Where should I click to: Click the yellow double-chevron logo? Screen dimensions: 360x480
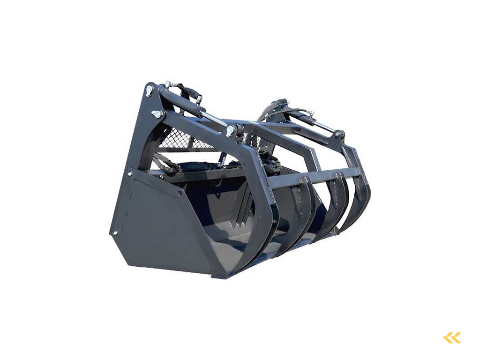point(452,337)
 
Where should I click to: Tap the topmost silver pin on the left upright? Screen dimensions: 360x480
point(149,90)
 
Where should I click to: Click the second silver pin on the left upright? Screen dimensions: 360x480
point(157,114)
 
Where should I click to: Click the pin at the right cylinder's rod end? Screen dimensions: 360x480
point(336,135)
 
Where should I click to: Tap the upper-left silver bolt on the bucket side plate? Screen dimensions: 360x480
point(130,174)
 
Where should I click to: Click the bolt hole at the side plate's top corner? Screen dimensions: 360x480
point(180,193)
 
